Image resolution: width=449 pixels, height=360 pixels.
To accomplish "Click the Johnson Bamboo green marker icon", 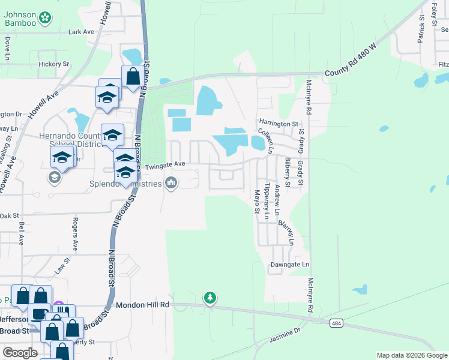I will (x=44, y=19).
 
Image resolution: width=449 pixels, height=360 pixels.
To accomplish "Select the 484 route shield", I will (x=336, y=323).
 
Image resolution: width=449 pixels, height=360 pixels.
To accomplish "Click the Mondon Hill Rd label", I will (x=143, y=305).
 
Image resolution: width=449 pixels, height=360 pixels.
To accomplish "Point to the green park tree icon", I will (x=209, y=298).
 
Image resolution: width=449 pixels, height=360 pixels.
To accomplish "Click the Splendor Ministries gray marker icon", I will (x=171, y=183).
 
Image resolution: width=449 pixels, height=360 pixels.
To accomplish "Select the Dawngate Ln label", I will (x=289, y=264).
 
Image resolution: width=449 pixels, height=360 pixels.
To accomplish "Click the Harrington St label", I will (x=279, y=124).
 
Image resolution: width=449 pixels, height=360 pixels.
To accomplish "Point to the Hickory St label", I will (x=53, y=64).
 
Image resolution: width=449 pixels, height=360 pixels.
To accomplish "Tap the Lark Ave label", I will (x=82, y=32).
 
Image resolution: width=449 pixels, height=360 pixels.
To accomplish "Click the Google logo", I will (x=20, y=353).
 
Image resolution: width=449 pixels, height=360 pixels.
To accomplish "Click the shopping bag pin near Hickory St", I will (x=133, y=77).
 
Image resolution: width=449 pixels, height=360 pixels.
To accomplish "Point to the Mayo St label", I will (x=256, y=202).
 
